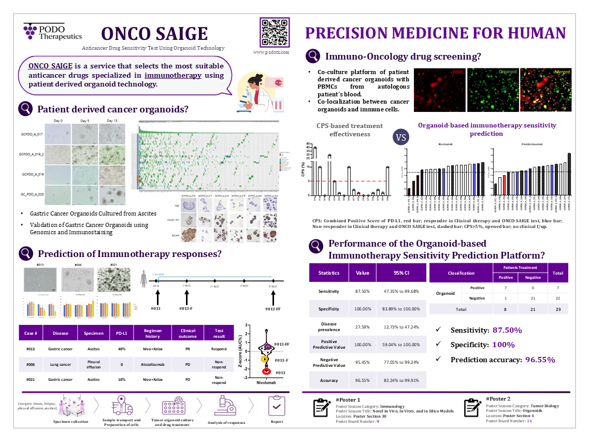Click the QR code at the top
(x=274, y=32)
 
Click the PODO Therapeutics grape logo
(x=30, y=31)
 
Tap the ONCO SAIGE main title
(x=154, y=34)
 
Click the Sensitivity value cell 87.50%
(x=362, y=291)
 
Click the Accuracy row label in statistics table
(x=328, y=380)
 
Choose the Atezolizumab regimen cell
(x=152, y=364)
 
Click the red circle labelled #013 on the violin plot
(x=266, y=371)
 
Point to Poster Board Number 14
(x=529, y=421)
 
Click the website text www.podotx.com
(x=271, y=52)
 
